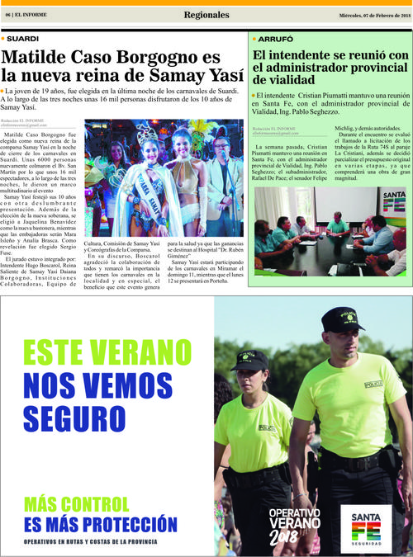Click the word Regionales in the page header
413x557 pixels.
207,15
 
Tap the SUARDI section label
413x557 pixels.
23,39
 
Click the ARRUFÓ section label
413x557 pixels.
275,39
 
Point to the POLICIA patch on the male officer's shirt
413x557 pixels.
373,385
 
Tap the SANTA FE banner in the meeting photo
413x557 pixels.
394,201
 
